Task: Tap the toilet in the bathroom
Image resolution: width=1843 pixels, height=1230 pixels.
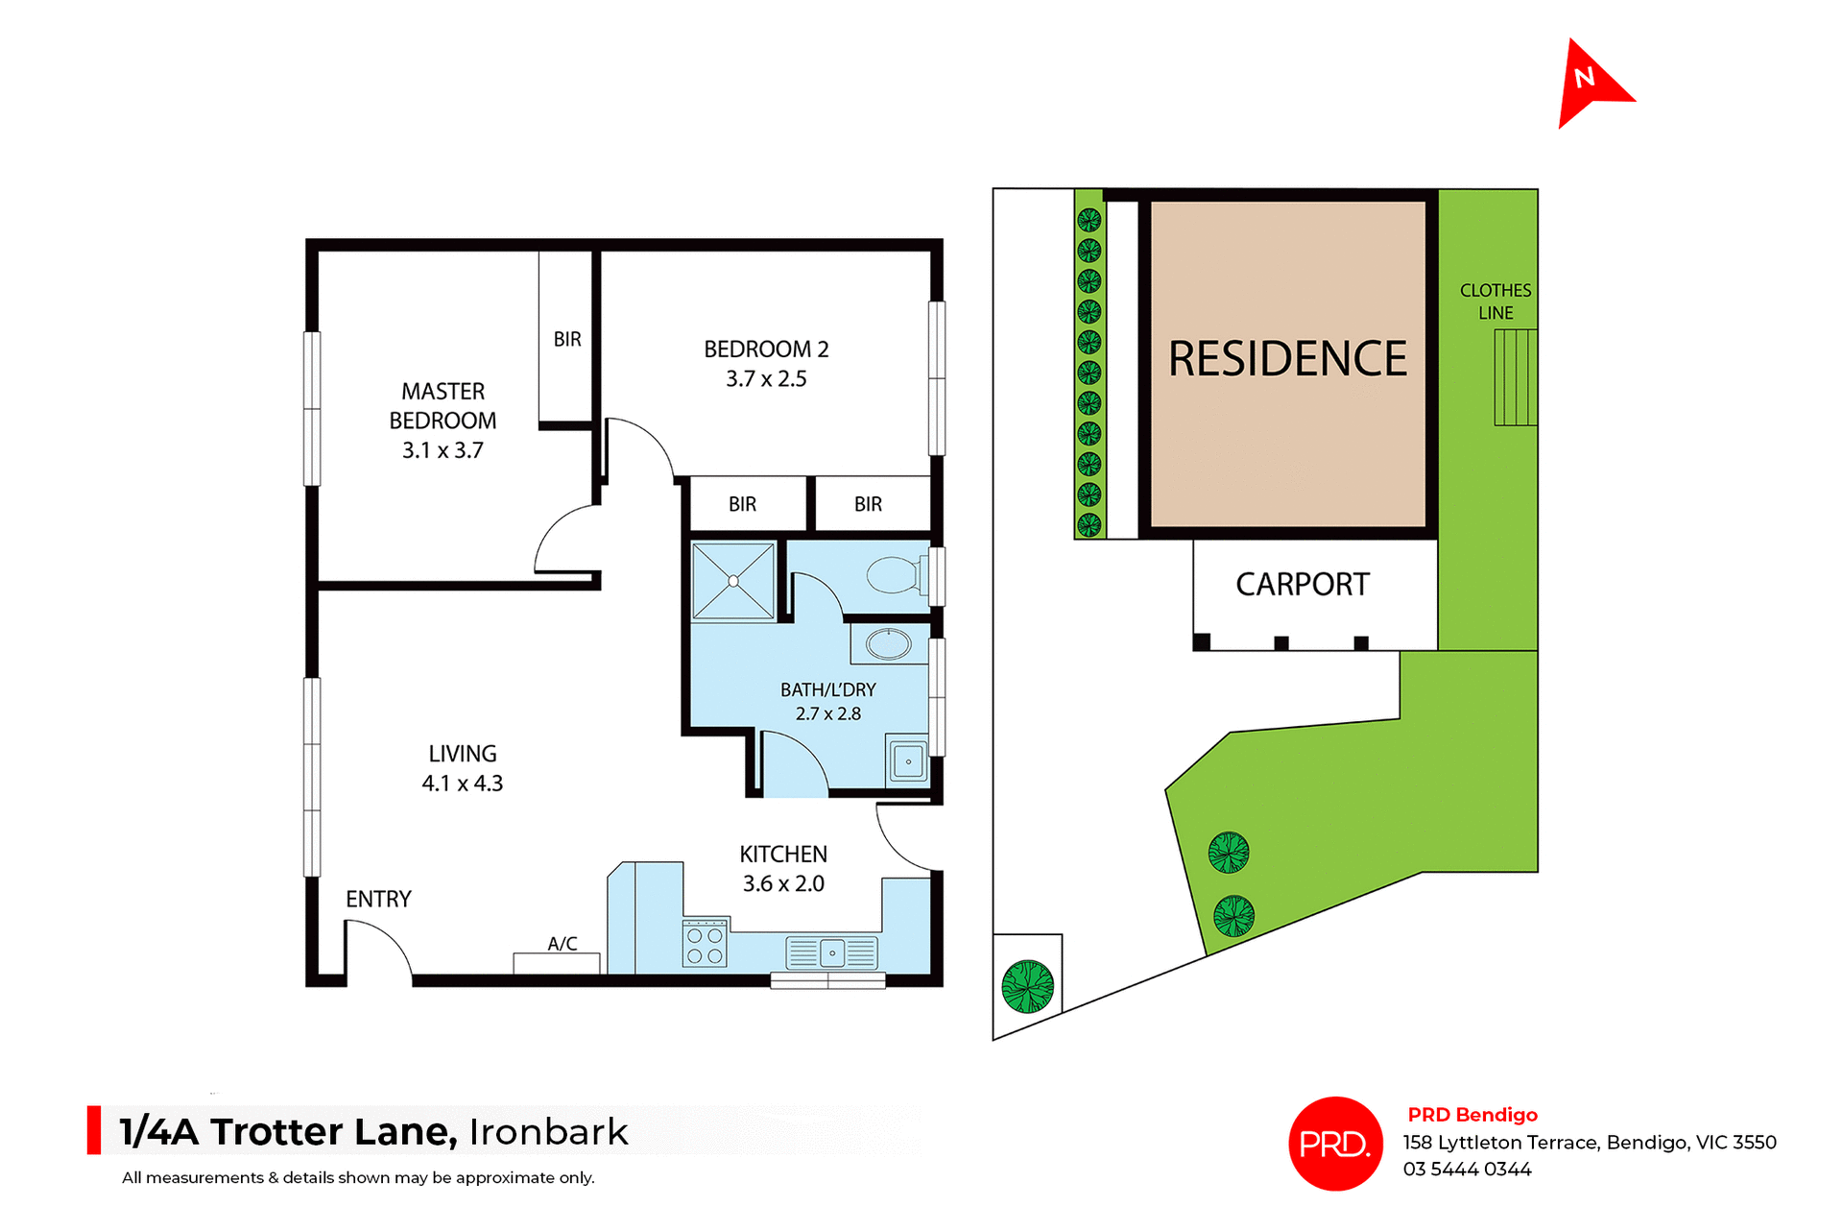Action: [x=895, y=576]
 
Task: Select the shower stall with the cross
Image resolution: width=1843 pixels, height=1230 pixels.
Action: [x=733, y=581]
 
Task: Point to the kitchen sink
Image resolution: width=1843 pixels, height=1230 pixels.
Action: [x=831, y=953]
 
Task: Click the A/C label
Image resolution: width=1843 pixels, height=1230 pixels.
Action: [x=562, y=944]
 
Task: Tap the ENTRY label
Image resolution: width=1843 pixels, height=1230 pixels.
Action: [x=378, y=899]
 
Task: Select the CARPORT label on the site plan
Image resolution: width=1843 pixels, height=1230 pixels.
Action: [x=1302, y=584]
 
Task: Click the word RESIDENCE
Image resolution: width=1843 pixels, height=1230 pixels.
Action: [x=1287, y=359]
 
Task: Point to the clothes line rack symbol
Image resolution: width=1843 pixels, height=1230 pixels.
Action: [x=1515, y=377]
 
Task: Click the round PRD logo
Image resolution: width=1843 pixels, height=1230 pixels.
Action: [x=1335, y=1144]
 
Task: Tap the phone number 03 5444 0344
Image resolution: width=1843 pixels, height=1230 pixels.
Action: [x=1467, y=1170]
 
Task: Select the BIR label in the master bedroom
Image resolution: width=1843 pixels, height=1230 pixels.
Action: [x=567, y=339]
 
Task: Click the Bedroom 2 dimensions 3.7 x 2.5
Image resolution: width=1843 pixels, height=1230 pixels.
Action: [x=766, y=379]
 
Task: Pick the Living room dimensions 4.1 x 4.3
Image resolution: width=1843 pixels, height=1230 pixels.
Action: [x=463, y=784]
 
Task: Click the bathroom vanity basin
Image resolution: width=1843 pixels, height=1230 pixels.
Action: [x=889, y=643]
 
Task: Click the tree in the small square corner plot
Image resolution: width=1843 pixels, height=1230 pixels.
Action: [x=1027, y=986]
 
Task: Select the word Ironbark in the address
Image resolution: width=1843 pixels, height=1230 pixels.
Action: [x=548, y=1132]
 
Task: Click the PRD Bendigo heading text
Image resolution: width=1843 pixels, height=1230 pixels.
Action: [x=1472, y=1115]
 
